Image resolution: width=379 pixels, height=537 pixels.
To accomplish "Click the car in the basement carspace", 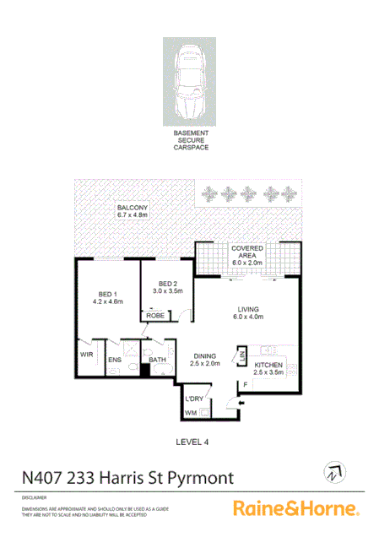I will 190,79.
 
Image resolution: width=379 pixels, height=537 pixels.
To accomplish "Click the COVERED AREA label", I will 248,256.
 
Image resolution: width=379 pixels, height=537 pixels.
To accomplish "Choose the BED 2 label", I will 168,286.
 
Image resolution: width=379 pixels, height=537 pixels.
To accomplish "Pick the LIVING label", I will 247,313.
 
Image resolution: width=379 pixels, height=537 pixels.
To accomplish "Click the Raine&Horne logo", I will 295,508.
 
